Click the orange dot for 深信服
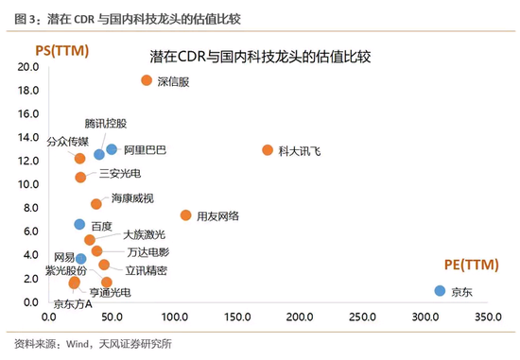147,80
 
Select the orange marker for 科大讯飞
268,150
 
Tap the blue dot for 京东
440,291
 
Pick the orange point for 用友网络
185,215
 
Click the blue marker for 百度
80,224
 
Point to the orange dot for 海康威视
95,204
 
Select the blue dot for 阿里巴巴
112,149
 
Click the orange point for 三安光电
80,177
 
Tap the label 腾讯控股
105,124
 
